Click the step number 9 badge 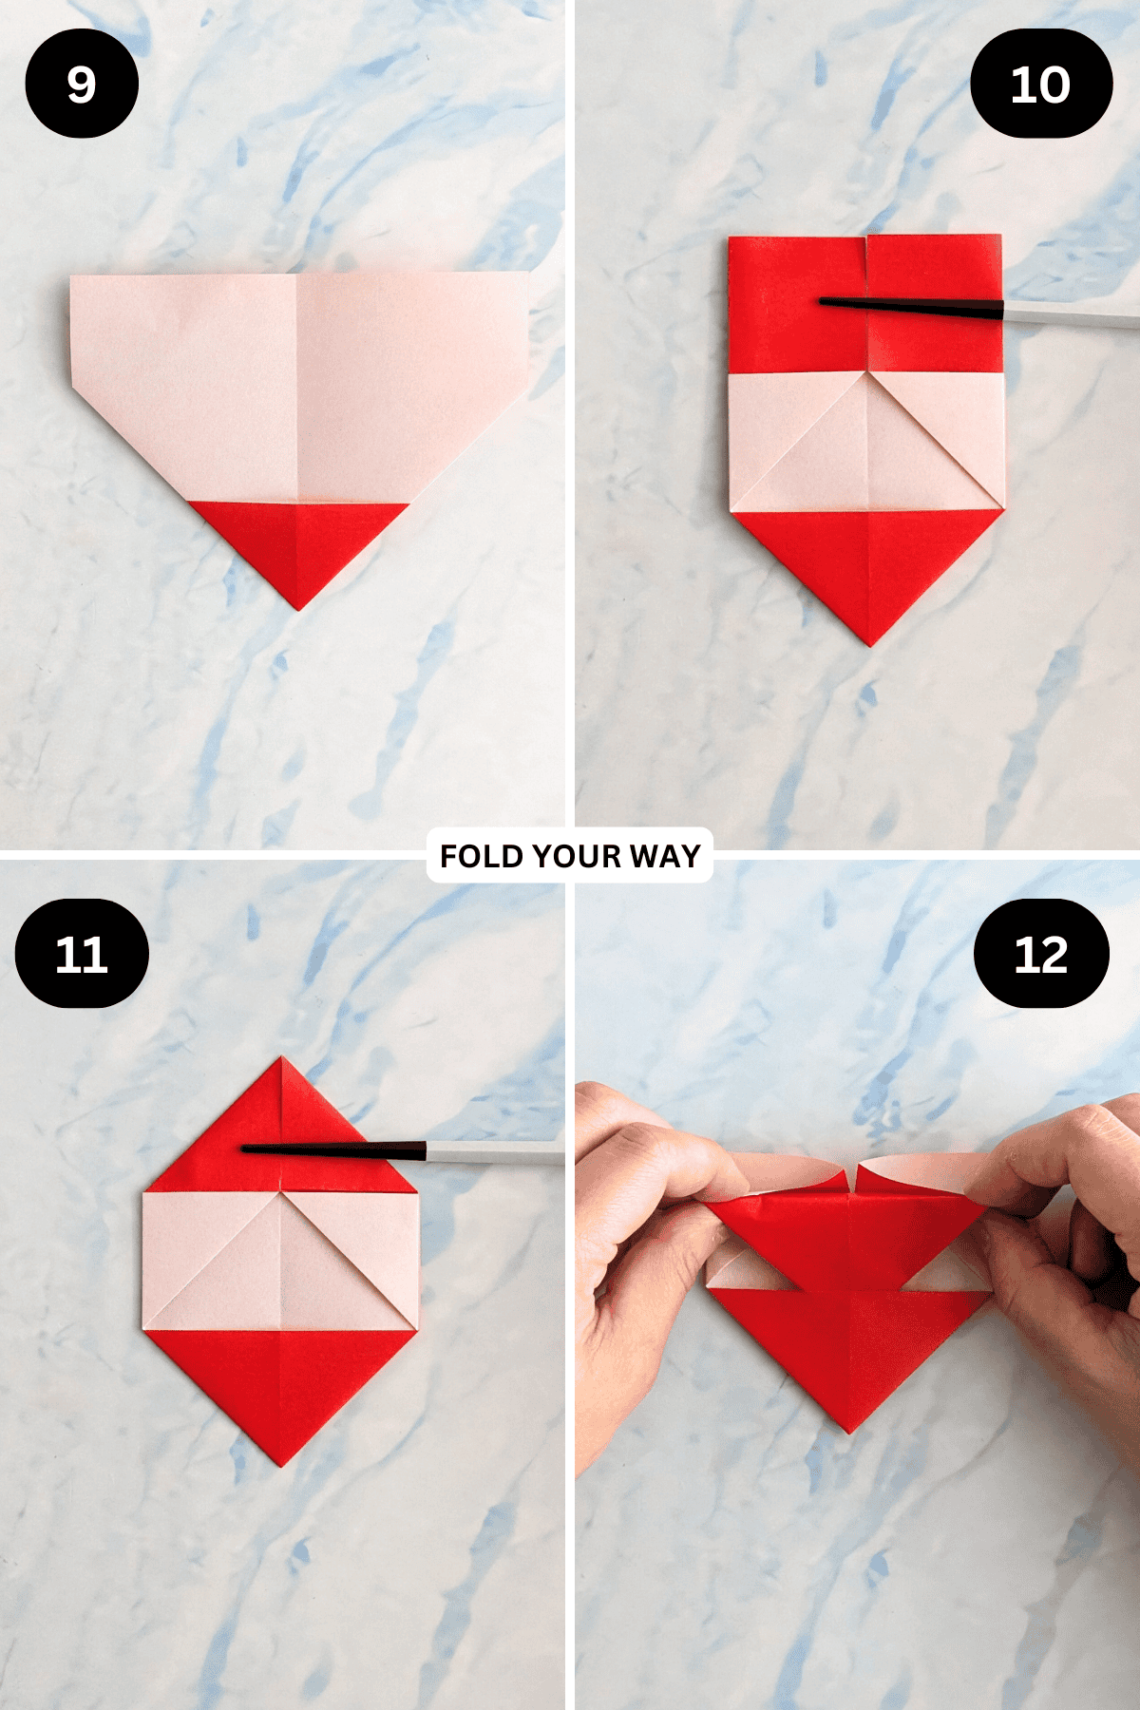pyautogui.click(x=82, y=84)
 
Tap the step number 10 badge pyautogui.click(x=1040, y=84)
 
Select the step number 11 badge pyautogui.click(x=82, y=954)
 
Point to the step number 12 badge pyautogui.click(x=1041, y=954)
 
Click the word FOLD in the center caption pyautogui.click(x=482, y=856)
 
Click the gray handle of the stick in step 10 pyautogui.click(x=1073, y=315)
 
